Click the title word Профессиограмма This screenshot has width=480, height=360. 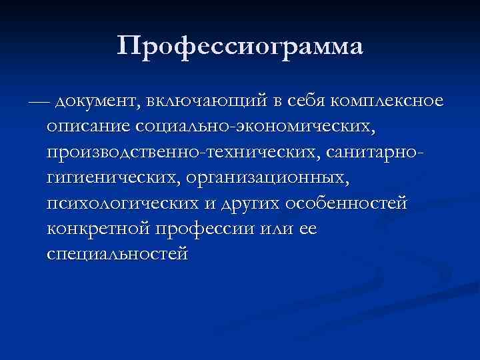(x=240, y=47)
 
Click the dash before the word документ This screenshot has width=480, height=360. (x=39, y=102)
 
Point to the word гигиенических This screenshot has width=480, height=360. (x=113, y=178)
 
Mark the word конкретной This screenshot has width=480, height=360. (x=99, y=229)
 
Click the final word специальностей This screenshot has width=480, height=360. (x=118, y=254)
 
